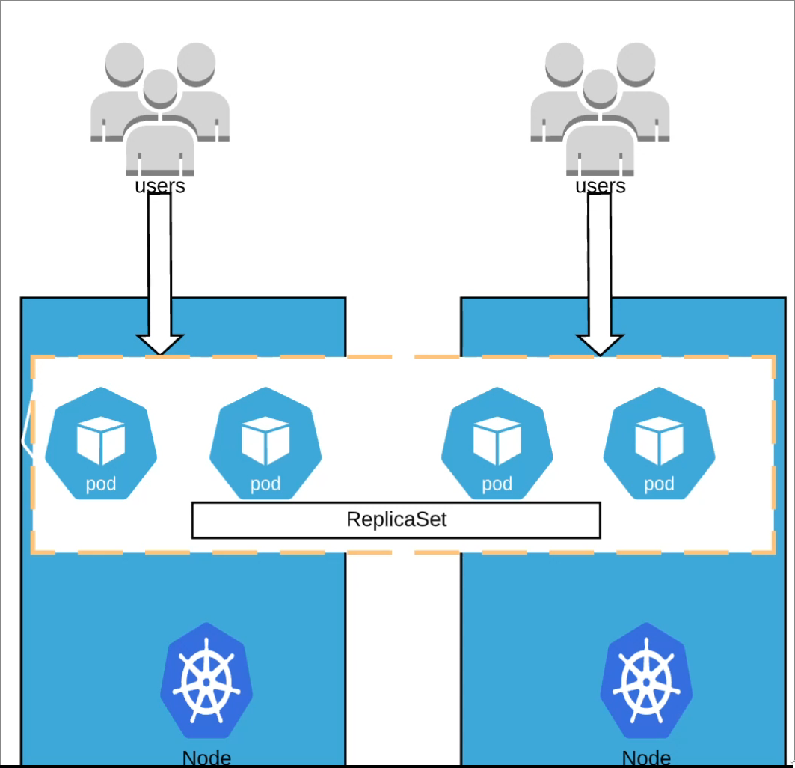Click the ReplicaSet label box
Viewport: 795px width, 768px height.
coord(396,520)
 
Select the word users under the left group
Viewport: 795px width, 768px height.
coord(160,186)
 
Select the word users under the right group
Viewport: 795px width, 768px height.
coord(600,186)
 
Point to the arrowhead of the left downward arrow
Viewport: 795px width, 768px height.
coord(160,344)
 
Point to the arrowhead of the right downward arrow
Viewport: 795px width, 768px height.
coord(600,344)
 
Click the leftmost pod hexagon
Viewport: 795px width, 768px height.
coord(101,443)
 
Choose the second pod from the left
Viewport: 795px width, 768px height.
coord(265,443)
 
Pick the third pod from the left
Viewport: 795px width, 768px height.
coord(497,443)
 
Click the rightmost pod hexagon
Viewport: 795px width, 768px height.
coord(659,443)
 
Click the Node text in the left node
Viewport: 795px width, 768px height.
coord(206,758)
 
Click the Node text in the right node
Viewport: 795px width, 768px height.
coord(647,758)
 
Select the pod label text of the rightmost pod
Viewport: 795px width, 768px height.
coord(659,484)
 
